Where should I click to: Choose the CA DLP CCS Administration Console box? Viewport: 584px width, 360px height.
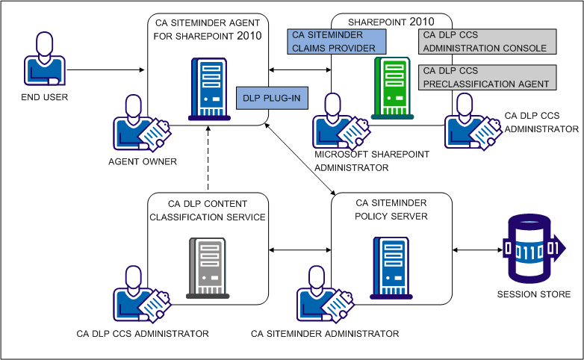click(488, 42)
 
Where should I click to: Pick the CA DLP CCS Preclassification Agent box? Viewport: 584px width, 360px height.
click(488, 77)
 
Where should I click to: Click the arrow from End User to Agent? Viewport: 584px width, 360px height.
click(109, 71)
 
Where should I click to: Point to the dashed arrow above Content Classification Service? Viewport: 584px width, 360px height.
click(208, 160)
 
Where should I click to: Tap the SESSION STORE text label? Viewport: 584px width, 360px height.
click(533, 294)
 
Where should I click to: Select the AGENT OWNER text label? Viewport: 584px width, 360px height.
click(142, 161)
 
